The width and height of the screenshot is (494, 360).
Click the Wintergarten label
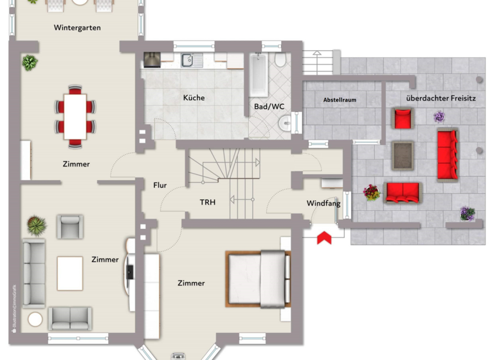[77, 28]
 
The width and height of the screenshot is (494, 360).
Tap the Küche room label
[194, 98]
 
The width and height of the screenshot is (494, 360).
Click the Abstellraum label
[340, 100]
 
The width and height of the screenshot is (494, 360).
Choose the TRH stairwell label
[207, 202]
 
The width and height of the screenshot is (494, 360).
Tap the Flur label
[160, 185]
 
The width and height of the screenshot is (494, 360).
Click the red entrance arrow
[324, 237]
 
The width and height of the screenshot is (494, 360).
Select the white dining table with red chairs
[76, 116]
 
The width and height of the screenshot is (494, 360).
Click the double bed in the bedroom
[257, 278]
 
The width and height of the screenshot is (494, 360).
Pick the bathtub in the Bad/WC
[259, 76]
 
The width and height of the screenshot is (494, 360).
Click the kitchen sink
[189, 60]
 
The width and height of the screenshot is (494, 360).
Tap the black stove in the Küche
[152, 60]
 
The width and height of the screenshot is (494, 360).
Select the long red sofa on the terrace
[447, 154]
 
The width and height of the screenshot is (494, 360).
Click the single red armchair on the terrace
[403, 118]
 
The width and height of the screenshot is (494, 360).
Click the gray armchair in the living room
[69, 226]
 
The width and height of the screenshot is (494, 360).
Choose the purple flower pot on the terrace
[439, 117]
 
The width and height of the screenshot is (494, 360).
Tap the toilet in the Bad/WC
[280, 60]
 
